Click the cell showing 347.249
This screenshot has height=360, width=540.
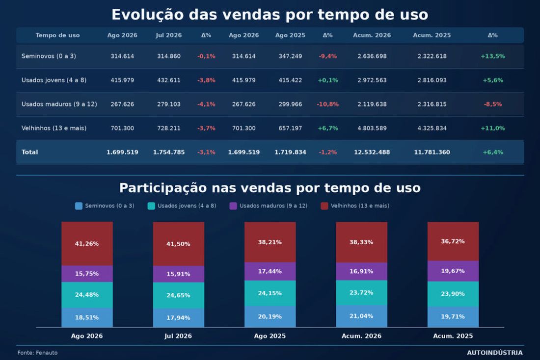coord(290,56)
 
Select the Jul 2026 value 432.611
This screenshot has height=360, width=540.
coord(169,80)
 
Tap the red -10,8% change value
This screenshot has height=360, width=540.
coord(328,104)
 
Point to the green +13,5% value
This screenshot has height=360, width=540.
coord(493,56)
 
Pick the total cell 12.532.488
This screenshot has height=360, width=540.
coord(372,152)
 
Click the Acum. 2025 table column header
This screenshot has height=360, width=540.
coord(432,35)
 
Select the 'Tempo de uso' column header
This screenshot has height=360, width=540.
coord(57,35)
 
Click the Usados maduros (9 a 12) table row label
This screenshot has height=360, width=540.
coord(59,104)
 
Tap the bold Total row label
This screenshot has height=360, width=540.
coord(29,152)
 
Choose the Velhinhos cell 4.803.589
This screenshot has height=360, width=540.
coord(372,128)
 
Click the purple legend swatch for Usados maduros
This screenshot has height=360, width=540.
coord(233,206)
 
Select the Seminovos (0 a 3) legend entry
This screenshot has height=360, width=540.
coord(105,206)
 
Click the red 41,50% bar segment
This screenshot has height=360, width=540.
coord(178,244)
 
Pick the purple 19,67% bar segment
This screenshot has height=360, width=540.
coord(453,271)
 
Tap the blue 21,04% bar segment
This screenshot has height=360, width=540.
coord(361,316)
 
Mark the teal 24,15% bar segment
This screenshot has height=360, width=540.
coord(270,293)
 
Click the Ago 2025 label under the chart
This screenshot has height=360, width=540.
coord(270,336)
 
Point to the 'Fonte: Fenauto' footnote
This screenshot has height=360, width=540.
coord(37,353)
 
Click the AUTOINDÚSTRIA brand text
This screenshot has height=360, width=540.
coord(495,353)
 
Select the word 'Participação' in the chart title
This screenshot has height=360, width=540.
coord(163,188)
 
